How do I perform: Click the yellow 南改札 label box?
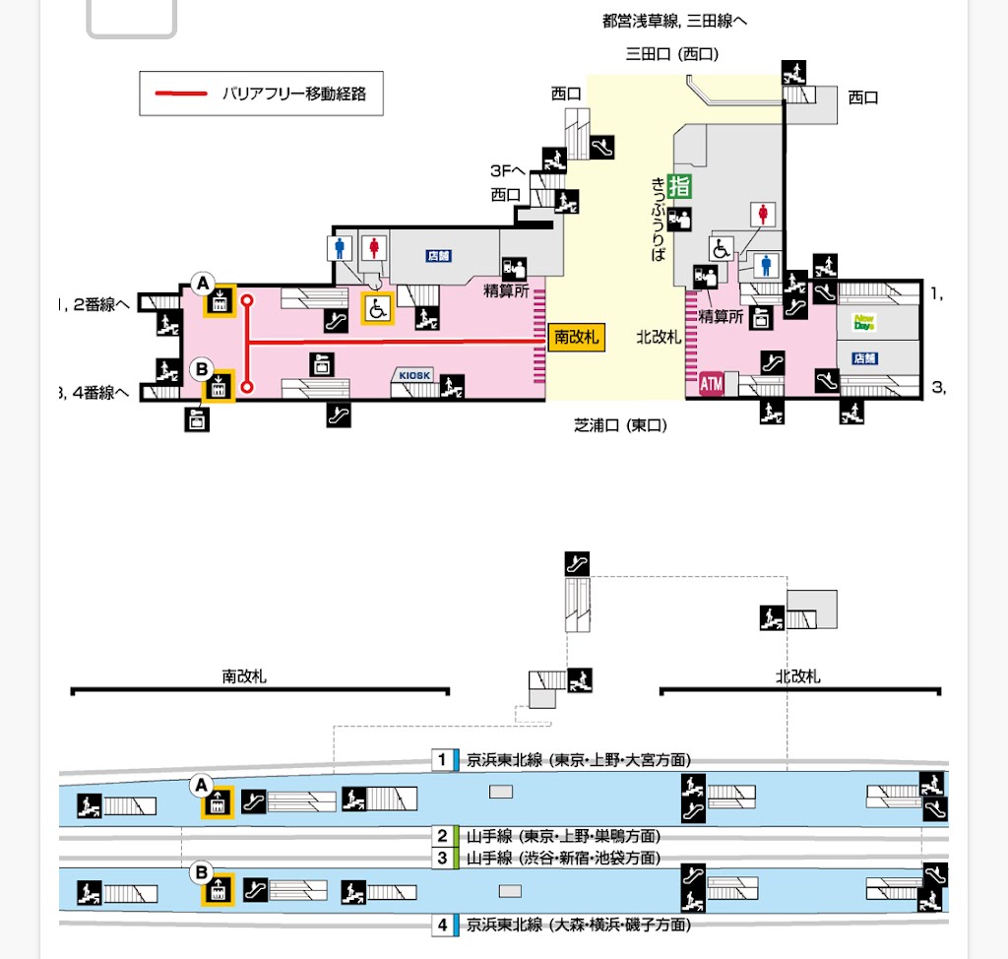[576, 337]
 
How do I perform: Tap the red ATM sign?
[711, 383]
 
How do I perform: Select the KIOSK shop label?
[414, 375]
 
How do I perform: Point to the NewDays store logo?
[864, 322]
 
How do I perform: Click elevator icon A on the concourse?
[219, 301]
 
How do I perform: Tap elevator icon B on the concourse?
[219, 386]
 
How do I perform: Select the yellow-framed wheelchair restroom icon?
[377, 308]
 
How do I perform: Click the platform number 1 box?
[443, 760]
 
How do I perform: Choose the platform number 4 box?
[443, 926]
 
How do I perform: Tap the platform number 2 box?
[443, 837]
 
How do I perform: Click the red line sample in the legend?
[180, 95]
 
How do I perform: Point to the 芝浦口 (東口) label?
[621, 425]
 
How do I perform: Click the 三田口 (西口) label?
[672, 54]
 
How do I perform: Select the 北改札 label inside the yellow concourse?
[659, 337]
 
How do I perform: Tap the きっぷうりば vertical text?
[659, 219]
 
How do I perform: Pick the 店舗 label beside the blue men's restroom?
[438, 256]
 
